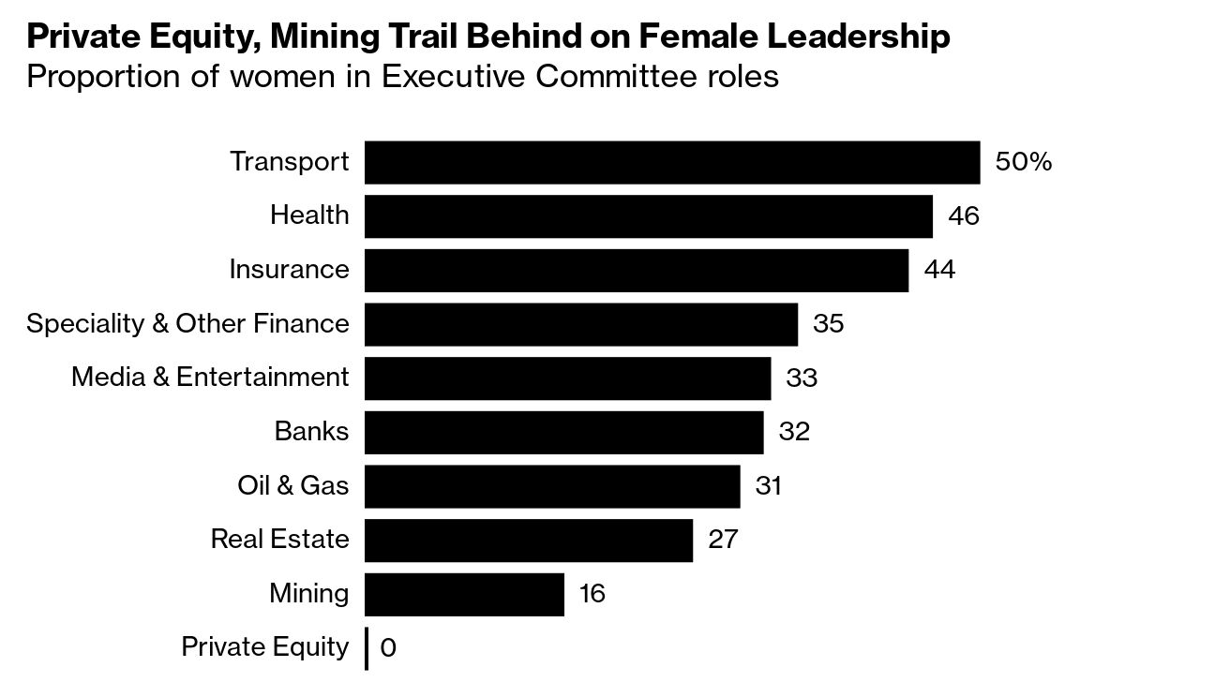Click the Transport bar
point(671,162)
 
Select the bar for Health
point(648,216)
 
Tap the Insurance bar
point(636,270)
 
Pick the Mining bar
point(464,594)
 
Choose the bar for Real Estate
point(528,540)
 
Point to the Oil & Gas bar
point(551,486)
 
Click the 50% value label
point(1023,162)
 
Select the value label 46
point(963,216)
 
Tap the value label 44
point(938,270)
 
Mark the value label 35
point(828,324)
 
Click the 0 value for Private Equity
point(388,648)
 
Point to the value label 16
point(592,594)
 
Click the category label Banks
point(311,432)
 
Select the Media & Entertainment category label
point(210,378)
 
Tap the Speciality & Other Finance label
point(187,324)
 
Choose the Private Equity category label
point(264,647)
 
